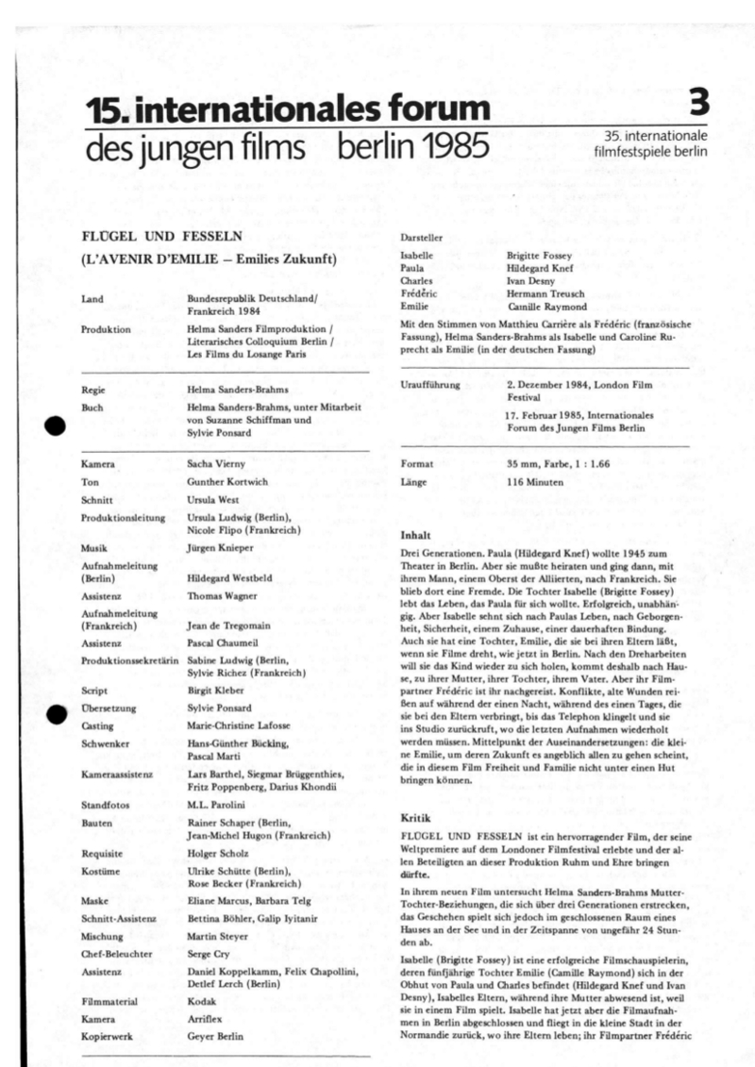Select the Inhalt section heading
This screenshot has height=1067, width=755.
pyautogui.click(x=416, y=534)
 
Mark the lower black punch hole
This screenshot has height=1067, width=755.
pyautogui.click(x=55, y=714)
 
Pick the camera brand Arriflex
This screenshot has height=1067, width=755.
pyautogui.click(x=208, y=1019)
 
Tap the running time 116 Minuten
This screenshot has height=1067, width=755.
pyautogui.click(x=535, y=482)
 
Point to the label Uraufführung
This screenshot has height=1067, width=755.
pyautogui.click(x=430, y=386)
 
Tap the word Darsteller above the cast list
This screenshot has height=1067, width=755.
pyautogui.click(x=422, y=238)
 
